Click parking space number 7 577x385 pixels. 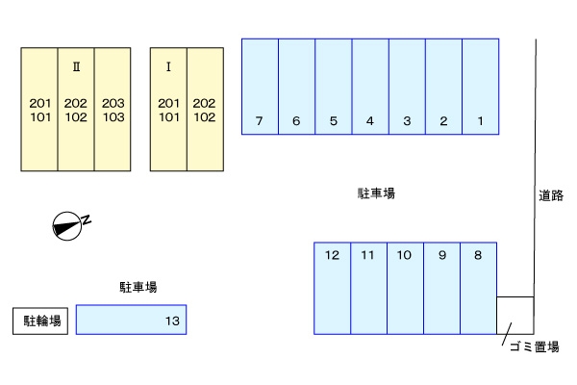(x=260, y=87)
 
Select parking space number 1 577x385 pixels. (x=481, y=87)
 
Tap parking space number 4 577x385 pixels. (x=370, y=87)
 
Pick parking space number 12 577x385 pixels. (x=333, y=288)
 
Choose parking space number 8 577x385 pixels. (x=478, y=288)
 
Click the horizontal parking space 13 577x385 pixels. (x=132, y=320)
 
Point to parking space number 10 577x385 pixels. (x=405, y=288)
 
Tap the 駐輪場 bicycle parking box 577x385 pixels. (x=40, y=321)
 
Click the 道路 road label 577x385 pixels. (x=551, y=195)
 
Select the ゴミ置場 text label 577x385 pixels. (x=535, y=346)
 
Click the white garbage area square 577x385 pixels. (x=515, y=316)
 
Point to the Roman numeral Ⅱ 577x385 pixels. (x=76, y=66)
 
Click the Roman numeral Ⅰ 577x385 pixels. (x=168, y=66)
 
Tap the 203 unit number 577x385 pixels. (x=113, y=103)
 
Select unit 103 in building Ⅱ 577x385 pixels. (x=113, y=117)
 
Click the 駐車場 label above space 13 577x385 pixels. (x=138, y=287)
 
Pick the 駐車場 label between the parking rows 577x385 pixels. (x=376, y=193)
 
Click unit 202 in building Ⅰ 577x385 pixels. (x=204, y=103)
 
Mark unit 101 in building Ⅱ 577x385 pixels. (x=40, y=117)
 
